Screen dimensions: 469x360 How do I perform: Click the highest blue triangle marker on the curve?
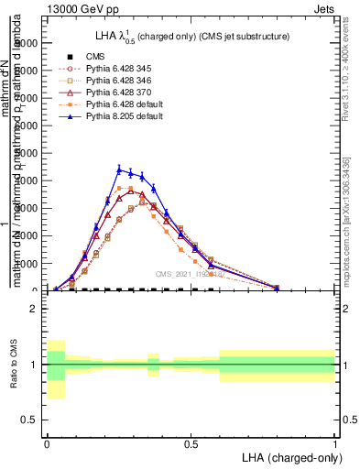(x=119, y=169)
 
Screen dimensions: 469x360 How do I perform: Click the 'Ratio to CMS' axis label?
(x=12, y=365)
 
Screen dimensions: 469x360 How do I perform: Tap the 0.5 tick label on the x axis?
(x=191, y=442)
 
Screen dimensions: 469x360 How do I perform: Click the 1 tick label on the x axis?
(x=335, y=442)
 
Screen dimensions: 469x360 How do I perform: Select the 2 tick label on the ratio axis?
(x=34, y=309)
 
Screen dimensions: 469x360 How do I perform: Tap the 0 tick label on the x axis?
(x=47, y=442)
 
